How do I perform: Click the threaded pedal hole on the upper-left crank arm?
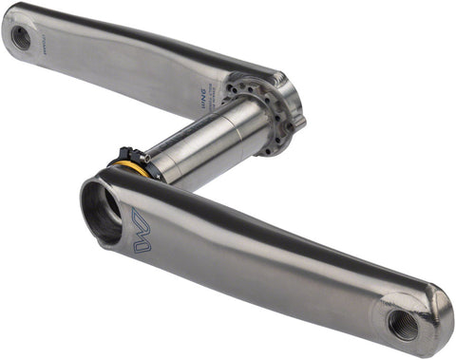(x=21, y=37)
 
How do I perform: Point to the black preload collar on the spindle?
(x=138, y=162)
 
